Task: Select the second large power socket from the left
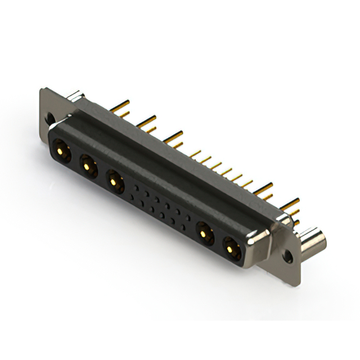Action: [87, 165]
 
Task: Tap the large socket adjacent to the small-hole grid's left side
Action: [115, 181]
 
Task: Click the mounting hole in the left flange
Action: [50, 119]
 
